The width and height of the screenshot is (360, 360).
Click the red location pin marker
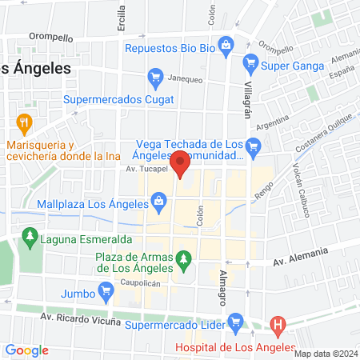pyautogui.click(x=181, y=162)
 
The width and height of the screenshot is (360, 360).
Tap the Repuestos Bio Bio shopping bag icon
pyautogui.click(x=227, y=45)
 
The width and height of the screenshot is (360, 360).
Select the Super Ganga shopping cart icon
pyautogui.click(x=250, y=62)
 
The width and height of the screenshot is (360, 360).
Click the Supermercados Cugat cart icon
pyautogui.click(x=155, y=78)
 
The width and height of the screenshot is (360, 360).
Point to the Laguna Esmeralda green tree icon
pyautogui.click(x=30, y=237)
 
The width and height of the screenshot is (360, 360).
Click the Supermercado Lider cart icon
pyautogui.click(x=235, y=322)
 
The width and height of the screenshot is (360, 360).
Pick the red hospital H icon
pyautogui.click(x=278, y=324)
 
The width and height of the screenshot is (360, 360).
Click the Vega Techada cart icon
pyautogui.click(x=255, y=146)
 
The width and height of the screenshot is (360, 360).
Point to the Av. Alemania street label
pyautogui.click(x=300, y=258)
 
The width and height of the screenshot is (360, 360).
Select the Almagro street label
pyautogui.click(x=222, y=291)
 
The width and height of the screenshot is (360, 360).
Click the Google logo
pyautogui.click(x=27, y=350)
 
